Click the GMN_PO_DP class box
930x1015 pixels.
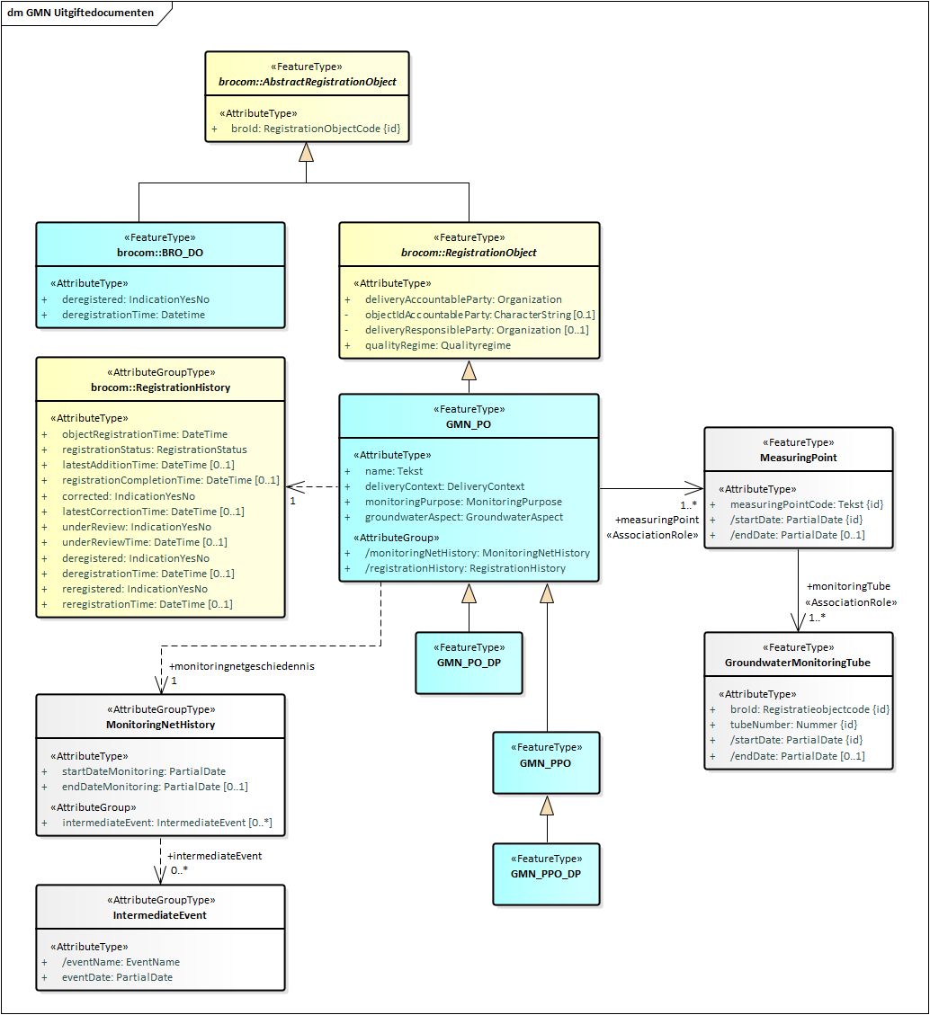click(469, 663)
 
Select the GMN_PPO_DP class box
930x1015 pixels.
click(546, 874)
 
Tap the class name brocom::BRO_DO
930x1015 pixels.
click(160, 254)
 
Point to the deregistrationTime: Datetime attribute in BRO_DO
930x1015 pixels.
click(133, 315)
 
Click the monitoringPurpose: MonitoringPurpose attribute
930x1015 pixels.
click(463, 502)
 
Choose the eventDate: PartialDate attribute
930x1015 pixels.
click(117, 977)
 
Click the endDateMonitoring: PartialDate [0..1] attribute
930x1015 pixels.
click(155, 787)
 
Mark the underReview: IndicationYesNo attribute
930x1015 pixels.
click(137, 527)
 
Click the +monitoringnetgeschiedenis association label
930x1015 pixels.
click(242, 667)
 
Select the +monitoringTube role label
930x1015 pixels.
click(848, 586)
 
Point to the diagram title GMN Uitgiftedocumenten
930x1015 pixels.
click(79, 13)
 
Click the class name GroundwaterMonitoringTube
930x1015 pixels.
click(798, 663)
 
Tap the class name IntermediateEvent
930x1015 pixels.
click(160, 915)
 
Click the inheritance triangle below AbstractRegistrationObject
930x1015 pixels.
click(307, 153)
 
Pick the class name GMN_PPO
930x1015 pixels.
click(546, 763)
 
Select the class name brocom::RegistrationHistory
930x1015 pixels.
click(160, 387)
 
